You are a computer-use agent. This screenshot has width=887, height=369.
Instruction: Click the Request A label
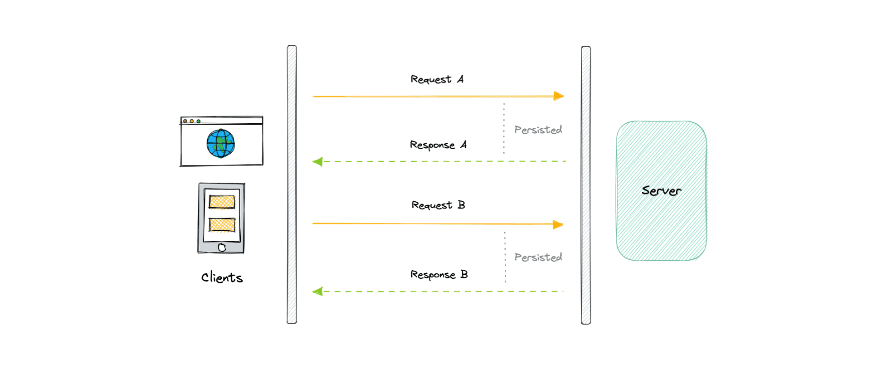[437, 79]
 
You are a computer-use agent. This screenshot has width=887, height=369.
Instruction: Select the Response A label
[438, 145]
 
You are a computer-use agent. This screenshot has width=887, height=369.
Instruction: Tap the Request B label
[438, 205]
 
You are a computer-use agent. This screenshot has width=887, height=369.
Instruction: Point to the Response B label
[439, 275]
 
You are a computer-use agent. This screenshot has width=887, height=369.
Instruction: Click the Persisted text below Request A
[538, 130]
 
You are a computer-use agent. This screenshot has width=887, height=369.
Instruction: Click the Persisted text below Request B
[538, 257]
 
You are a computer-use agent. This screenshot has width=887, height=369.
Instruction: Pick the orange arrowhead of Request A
[559, 96]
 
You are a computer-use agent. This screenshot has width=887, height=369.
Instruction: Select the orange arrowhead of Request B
[558, 225]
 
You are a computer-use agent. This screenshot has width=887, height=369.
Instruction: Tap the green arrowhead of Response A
[317, 161]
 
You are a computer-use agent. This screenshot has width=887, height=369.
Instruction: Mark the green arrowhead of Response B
[317, 291]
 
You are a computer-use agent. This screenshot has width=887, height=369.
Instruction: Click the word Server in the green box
[661, 191]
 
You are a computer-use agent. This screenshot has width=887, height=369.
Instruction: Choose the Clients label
[222, 277]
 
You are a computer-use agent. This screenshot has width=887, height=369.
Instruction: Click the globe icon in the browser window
[221, 144]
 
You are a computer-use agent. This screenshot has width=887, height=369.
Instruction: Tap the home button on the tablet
[222, 247]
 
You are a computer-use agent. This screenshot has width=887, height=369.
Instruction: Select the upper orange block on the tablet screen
[222, 202]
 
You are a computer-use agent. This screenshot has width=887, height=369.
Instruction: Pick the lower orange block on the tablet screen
[222, 224]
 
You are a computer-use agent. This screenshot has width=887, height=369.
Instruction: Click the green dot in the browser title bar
[199, 121]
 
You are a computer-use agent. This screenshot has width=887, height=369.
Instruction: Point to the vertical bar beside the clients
[292, 184]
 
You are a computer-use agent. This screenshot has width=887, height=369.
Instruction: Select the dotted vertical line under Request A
[504, 128]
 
